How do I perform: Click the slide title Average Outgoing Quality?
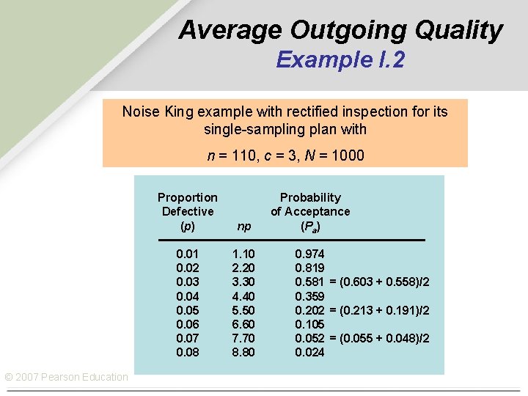[x=340, y=30]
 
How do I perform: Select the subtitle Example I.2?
[x=340, y=60]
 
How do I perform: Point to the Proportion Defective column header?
[x=188, y=211]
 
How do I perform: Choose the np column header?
[x=243, y=227]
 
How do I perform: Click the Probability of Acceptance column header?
[x=310, y=211]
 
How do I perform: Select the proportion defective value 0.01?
[x=188, y=254]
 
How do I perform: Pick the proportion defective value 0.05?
[x=188, y=310]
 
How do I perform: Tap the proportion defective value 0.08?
[x=188, y=352]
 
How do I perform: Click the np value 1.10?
[x=243, y=254]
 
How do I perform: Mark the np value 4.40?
[x=243, y=296]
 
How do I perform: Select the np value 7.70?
[x=243, y=338]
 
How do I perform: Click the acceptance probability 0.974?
[x=309, y=254]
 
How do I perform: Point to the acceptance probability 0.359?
[x=309, y=296]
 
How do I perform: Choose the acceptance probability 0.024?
[x=309, y=352]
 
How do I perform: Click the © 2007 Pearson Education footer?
[x=67, y=377]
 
